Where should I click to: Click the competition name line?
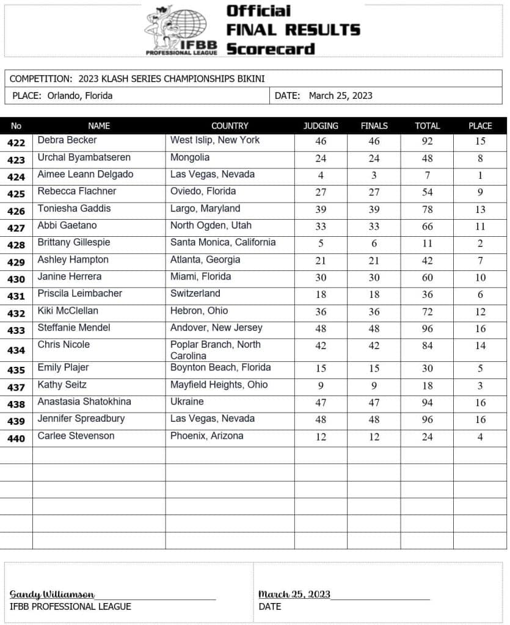pos(137,79)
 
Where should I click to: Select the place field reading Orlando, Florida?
pos(61,95)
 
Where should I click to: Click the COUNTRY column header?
pos(230,126)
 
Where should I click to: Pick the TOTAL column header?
pos(427,126)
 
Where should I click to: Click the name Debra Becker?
pos(67,140)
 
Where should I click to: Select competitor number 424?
pos(16,177)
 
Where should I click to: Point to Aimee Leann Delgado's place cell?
pos(480,175)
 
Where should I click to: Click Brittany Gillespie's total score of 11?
pos(427,244)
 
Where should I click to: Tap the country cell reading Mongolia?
pos(190,157)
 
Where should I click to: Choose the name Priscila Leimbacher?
pos(80,294)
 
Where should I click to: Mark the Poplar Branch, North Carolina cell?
pos(215,350)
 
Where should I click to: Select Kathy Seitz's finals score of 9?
pos(374,386)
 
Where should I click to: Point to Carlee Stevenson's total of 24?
pos(427,437)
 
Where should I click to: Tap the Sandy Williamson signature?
pos(52,594)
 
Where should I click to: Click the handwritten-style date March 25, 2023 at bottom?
pos(294,594)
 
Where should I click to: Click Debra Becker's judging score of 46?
pos(321,141)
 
